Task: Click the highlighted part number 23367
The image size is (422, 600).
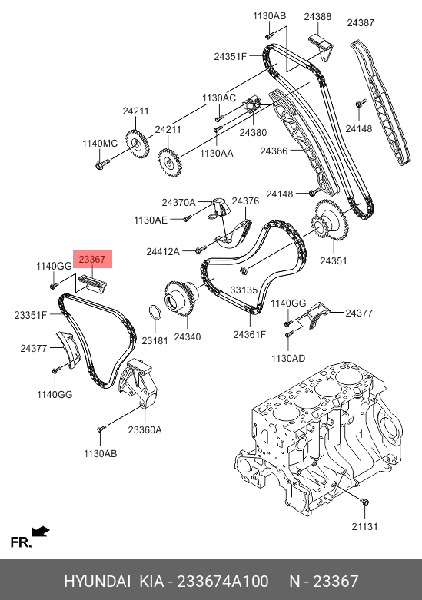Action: pyautogui.click(x=92, y=260)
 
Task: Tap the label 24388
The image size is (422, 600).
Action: pyautogui.click(x=317, y=16)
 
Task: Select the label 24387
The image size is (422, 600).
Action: pyautogui.click(x=361, y=22)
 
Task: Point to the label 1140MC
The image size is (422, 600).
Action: pyautogui.click(x=100, y=144)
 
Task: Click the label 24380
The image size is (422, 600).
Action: pyautogui.click(x=253, y=133)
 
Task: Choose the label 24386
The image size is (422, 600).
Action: pyautogui.click(x=274, y=151)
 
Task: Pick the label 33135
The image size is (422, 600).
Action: pyautogui.click(x=244, y=290)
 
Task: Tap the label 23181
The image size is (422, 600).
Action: pyautogui.click(x=155, y=340)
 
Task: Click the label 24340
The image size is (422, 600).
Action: pyautogui.click(x=188, y=337)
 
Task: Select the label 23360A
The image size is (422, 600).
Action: pyautogui.click(x=145, y=430)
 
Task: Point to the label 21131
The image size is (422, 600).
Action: pyautogui.click(x=364, y=527)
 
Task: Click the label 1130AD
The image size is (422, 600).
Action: pyautogui.click(x=288, y=359)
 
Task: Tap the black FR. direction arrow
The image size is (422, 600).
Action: pyautogui.click(x=40, y=532)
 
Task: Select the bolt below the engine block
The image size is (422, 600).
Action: pyautogui.click(x=364, y=502)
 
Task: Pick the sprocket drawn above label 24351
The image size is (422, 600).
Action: pyautogui.click(x=330, y=220)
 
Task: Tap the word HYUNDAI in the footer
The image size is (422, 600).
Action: pyautogui.click(x=98, y=582)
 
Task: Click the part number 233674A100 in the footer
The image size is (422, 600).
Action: pyautogui.click(x=222, y=582)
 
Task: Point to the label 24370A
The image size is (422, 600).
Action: pyautogui.click(x=178, y=202)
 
